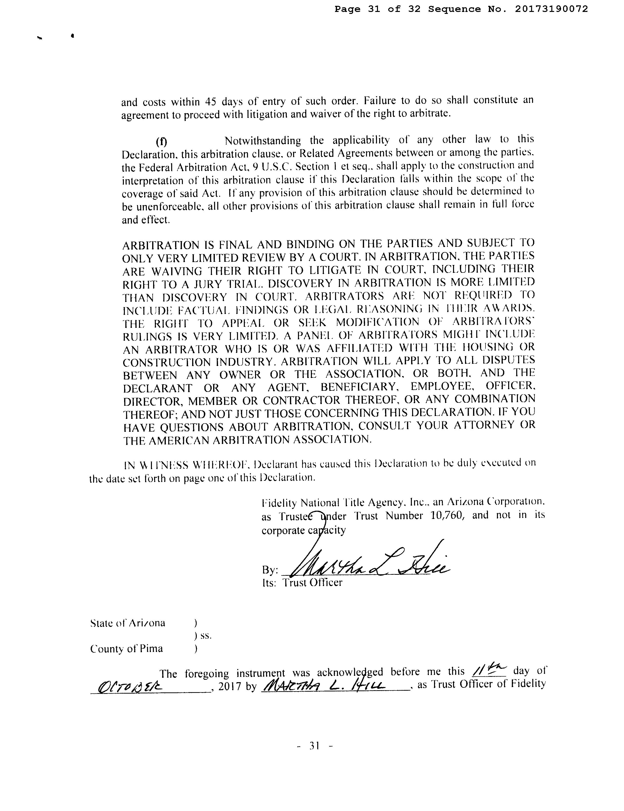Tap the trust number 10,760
[x=446, y=516]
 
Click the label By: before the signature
[x=270, y=570]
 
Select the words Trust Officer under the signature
[x=312, y=583]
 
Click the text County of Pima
[x=126, y=649]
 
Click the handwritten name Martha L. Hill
[x=323, y=686]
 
